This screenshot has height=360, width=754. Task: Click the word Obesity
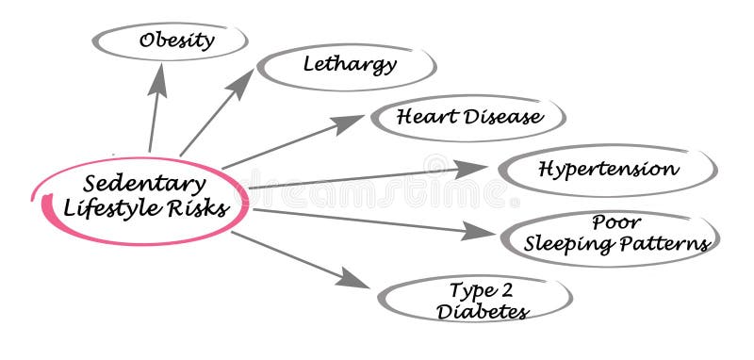click(176, 41)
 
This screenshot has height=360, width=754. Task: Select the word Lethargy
click(350, 64)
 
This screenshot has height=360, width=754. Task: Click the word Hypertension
click(607, 170)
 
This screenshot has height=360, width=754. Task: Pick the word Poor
click(616, 223)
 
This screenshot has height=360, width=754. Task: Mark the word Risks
click(201, 208)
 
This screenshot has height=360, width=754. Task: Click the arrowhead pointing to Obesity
click(158, 77)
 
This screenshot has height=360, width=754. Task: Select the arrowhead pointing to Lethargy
click(241, 82)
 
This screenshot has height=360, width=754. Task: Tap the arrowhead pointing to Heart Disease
click(350, 123)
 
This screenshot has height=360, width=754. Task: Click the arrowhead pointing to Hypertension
click(471, 170)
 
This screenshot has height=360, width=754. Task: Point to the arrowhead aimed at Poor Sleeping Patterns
click(480, 231)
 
